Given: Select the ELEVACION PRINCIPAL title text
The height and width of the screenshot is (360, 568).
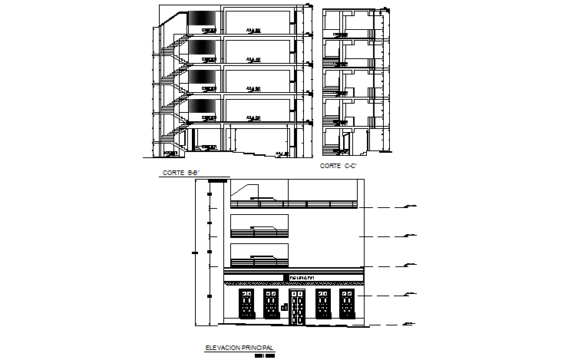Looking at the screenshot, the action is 239,348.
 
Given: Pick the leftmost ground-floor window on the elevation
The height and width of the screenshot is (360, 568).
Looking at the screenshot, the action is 245,304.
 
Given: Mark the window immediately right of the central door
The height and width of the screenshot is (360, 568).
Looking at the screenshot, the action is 321,304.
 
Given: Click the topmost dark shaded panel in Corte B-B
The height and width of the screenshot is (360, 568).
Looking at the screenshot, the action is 202,18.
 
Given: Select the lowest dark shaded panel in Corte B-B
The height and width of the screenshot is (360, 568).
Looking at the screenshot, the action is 202,106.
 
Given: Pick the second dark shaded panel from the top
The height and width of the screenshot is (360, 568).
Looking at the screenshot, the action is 202,48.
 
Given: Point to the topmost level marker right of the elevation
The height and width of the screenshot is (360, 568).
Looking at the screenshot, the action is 411,206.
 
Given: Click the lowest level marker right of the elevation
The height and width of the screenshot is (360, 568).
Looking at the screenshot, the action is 411,325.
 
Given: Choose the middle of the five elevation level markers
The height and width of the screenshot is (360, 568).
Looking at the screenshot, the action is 411,265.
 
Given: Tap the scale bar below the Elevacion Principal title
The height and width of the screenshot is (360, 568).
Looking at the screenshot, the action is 265,355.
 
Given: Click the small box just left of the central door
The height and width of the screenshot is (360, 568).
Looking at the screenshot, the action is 283,308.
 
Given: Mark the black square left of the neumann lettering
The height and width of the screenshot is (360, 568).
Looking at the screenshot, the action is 286,276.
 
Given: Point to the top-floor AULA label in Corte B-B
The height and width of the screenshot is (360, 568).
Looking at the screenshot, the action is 253,31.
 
